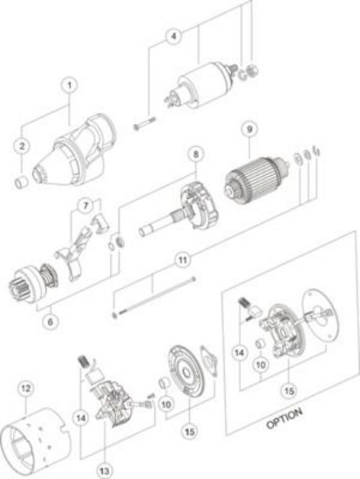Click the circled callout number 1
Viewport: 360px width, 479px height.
(x=70, y=85)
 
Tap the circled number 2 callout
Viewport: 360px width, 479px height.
(x=22, y=146)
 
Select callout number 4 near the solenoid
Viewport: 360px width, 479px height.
(x=173, y=36)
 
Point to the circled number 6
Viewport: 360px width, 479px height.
(x=51, y=321)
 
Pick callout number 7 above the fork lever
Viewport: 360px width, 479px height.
(x=85, y=206)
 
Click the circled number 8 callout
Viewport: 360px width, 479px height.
(x=196, y=154)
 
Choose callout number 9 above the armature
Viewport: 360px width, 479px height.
(x=249, y=129)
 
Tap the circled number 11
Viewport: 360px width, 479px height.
(x=182, y=260)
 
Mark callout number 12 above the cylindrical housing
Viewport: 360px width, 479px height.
(x=25, y=388)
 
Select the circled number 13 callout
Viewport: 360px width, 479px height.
(x=105, y=470)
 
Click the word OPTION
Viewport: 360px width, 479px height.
(x=284, y=418)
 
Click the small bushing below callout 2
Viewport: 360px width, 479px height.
(x=22, y=182)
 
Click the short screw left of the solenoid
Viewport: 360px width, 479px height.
(x=145, y=123)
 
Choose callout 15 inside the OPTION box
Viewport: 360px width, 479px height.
(x=289, y=391)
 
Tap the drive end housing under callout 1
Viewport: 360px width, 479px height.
(x=74, y=152)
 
